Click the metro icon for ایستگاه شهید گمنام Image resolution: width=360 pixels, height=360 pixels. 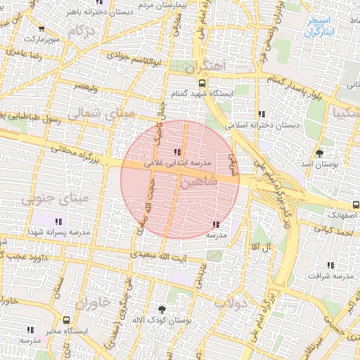[202, 82]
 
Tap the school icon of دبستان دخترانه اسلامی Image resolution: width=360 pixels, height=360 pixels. [262, 114]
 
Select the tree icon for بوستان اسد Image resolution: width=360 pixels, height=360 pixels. [321, 153]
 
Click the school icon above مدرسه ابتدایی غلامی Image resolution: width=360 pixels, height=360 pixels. [176, 152]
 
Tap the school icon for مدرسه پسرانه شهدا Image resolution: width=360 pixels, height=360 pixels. [58, 221]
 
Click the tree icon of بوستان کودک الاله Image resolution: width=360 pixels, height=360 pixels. [163, 309]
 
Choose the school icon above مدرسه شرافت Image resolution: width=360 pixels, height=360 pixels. [330, 265]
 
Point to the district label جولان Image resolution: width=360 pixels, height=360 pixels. [230, 304]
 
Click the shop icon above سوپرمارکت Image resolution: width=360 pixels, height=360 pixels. [42, 29]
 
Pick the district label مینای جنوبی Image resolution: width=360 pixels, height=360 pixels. [46, 201]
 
